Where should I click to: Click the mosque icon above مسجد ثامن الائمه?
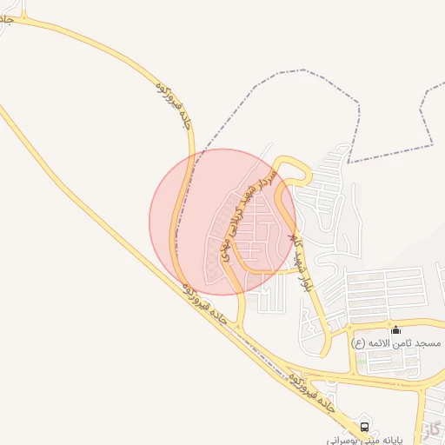tap(396, 329)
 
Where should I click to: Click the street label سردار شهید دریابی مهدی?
tap(248, 209)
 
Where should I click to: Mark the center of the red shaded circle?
tap(222, 222)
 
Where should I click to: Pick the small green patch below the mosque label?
tap(360, 357)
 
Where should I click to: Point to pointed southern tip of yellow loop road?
tap(325, 355)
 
